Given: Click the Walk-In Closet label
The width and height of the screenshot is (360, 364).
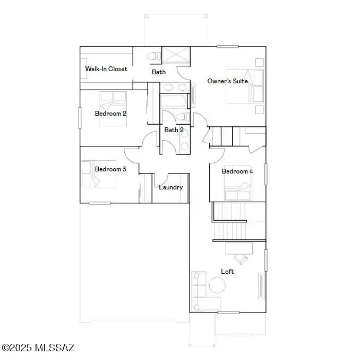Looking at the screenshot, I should coord(106,69).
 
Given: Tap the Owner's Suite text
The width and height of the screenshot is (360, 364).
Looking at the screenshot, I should coord(227,81).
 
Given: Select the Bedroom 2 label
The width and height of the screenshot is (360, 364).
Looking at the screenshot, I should coord(110,113).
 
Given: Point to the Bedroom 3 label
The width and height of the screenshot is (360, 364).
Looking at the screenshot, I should coord(110,169).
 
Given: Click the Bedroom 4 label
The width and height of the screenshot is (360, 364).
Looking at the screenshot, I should coord(237,171).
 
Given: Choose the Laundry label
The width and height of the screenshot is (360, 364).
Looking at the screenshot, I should coord(171,187).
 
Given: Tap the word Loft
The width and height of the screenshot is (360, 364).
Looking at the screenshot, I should coord(227,271).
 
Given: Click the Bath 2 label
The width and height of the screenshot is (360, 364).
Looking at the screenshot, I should coord(174,130).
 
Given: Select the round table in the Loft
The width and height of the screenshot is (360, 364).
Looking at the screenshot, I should coord(217,285).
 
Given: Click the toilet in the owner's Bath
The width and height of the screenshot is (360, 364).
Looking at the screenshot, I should coord(153,55).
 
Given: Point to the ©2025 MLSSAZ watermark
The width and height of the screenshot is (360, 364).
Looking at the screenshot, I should coord(38,348).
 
